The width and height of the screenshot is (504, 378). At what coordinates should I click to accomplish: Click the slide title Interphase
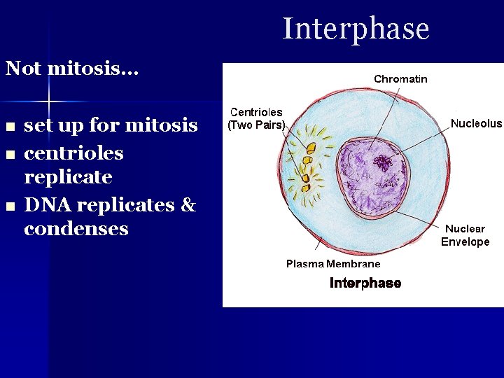click(356, 29)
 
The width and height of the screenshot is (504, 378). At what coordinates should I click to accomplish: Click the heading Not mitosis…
click(72, 69)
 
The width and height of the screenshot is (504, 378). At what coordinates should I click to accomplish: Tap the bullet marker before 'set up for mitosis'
click(9, 127)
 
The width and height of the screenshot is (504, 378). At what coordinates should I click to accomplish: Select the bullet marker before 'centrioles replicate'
click(9, 155)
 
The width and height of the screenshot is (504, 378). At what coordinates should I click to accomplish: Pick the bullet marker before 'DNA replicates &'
click(9, 206)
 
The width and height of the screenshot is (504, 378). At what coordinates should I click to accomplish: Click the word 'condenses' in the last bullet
click(76, 229)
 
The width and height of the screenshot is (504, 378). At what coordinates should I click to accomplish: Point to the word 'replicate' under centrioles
click(68, 177)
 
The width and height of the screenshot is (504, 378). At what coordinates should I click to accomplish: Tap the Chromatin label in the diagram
click(400, 79)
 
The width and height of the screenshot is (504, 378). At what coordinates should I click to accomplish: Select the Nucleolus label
click(476, 124)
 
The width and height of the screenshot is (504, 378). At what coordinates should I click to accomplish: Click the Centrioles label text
click(256, 113)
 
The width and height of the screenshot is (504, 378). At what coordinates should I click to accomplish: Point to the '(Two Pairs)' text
click(256, 126)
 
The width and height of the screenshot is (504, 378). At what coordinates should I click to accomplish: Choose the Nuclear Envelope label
click(465, 235)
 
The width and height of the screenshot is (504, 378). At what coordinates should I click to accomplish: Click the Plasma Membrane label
click(333, 264)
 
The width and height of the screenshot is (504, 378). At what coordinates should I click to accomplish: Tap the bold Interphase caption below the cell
click(365, 283)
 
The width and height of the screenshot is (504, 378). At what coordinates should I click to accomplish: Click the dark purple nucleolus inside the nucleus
click(383, 164)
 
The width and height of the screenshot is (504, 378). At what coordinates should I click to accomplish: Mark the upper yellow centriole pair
click(308, 148)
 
